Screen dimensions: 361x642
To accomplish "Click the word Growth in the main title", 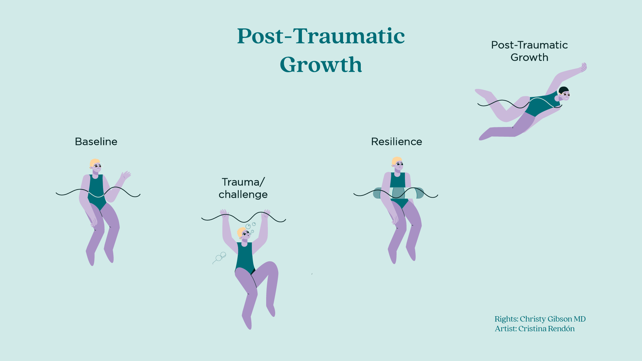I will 321,65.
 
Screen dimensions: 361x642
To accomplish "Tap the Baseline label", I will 96,142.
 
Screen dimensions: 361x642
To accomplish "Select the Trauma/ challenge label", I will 243,188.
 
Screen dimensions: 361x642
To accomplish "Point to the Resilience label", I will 396,142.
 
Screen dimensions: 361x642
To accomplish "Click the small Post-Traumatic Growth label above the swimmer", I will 529,51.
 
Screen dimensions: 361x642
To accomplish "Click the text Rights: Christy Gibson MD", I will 540,319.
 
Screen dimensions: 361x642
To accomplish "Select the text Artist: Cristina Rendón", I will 535,329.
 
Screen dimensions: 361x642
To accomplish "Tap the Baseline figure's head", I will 96,165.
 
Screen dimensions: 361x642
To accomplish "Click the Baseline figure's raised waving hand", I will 126,175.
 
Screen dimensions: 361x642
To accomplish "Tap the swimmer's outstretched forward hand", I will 583,67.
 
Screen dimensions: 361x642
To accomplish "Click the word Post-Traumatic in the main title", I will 321,36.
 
